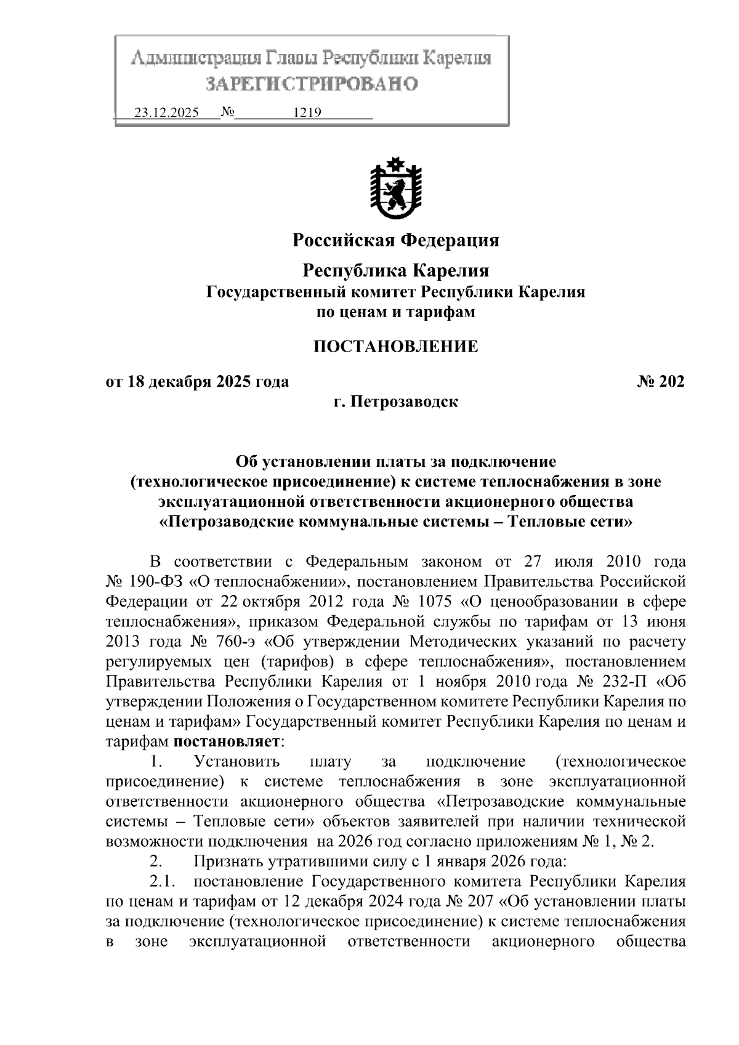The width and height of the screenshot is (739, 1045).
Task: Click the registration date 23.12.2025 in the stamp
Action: click(166, 113)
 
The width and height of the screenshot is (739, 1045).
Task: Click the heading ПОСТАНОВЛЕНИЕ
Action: click(395, 347)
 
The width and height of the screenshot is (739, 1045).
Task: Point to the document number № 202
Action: click(660, 382)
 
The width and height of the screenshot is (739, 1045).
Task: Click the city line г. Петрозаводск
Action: click(395, 402)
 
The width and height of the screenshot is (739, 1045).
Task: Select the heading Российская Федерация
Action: click(395, 240)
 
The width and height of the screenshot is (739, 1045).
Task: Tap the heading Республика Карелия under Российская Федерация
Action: click(395, 270)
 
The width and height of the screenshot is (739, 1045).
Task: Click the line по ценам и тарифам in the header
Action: click(395, 312)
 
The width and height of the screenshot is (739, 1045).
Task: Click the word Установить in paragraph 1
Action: click(236, 762)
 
